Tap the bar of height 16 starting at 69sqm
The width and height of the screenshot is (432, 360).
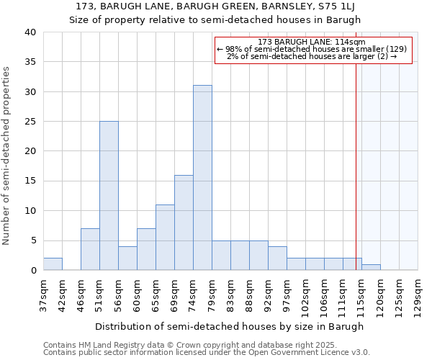click(x=184, y=222)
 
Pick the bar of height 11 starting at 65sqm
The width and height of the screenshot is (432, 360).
click(x=165, y=238)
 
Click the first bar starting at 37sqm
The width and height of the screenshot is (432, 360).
click(x=53, y=264)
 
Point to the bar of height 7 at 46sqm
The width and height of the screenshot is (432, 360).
click(x=90, y=249)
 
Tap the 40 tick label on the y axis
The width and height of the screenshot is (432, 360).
click(x=30, y=32)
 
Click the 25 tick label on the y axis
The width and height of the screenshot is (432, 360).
click(x=30, y=122)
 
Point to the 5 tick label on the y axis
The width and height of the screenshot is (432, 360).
click(x=32, y=240)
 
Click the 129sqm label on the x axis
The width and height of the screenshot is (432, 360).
click(x=417, y=294)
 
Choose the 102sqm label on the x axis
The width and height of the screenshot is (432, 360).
click(x=305, y=294)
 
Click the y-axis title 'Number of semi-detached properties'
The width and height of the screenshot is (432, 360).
click(x=7, y=156)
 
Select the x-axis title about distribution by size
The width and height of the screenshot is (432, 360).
click(x=229, y=326)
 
